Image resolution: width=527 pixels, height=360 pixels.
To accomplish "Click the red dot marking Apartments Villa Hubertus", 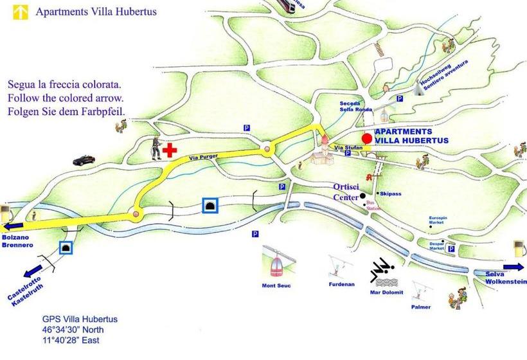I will pyautogui.click(x=367, y=139).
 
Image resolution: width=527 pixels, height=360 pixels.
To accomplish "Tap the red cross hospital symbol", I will pyautogui.click(x=170, y=150).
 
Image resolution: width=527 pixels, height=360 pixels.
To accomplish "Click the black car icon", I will pyautogui.click(x=84, y=159).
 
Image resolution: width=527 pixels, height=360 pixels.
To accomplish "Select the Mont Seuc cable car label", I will pyautogui.click(x=276, y=285).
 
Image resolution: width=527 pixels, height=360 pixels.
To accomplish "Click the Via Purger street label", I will pyautogui.click(x=204, y=156).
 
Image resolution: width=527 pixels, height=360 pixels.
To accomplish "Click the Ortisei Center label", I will pyautogui.click(x=346, y=192).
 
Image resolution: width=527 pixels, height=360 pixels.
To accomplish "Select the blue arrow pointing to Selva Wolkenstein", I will pyautogui.click(x=514, y=267).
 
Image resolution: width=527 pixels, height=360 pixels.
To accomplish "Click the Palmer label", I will pyautogui.click(x=420, y=307).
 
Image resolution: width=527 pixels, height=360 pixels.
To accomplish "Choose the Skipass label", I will pyautogui.click(x=391, y=194).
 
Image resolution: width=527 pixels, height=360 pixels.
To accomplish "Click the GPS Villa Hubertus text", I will pyautogui.click(x=80, y=319).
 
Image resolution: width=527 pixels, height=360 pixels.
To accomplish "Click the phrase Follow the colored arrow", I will pyautogui.click(x=65, y=98).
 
